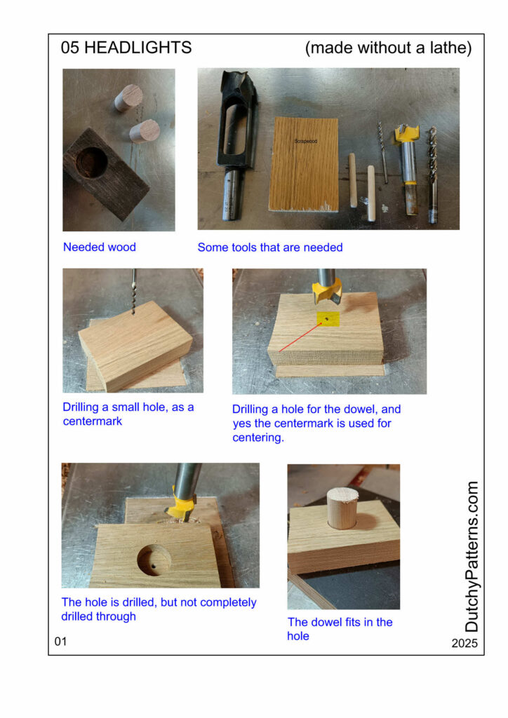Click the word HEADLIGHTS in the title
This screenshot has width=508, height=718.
click(138, 48)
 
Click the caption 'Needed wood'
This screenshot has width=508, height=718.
click(100, 247)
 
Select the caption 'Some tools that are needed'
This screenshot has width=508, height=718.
click(270, 248)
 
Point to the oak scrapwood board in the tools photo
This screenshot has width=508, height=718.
click(304, 164)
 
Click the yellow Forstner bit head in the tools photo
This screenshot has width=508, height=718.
click(407, 133)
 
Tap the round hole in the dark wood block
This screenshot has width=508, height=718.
click(92, 162)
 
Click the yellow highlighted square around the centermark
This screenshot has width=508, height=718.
click(328, 319)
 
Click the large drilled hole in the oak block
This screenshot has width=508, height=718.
click(154, 560)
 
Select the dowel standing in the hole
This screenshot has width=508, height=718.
click(342, 508)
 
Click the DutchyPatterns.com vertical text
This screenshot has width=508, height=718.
click(472, 556)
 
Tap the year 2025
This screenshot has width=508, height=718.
click(464, 644)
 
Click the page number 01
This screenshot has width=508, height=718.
click(60, 642)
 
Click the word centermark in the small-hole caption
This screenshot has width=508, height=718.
click(93, 421)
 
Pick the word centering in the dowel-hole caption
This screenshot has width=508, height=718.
click(258, 438)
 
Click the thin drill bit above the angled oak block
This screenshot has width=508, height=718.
click(134, 291)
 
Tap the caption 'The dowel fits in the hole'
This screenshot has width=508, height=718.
click(340, 629)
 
